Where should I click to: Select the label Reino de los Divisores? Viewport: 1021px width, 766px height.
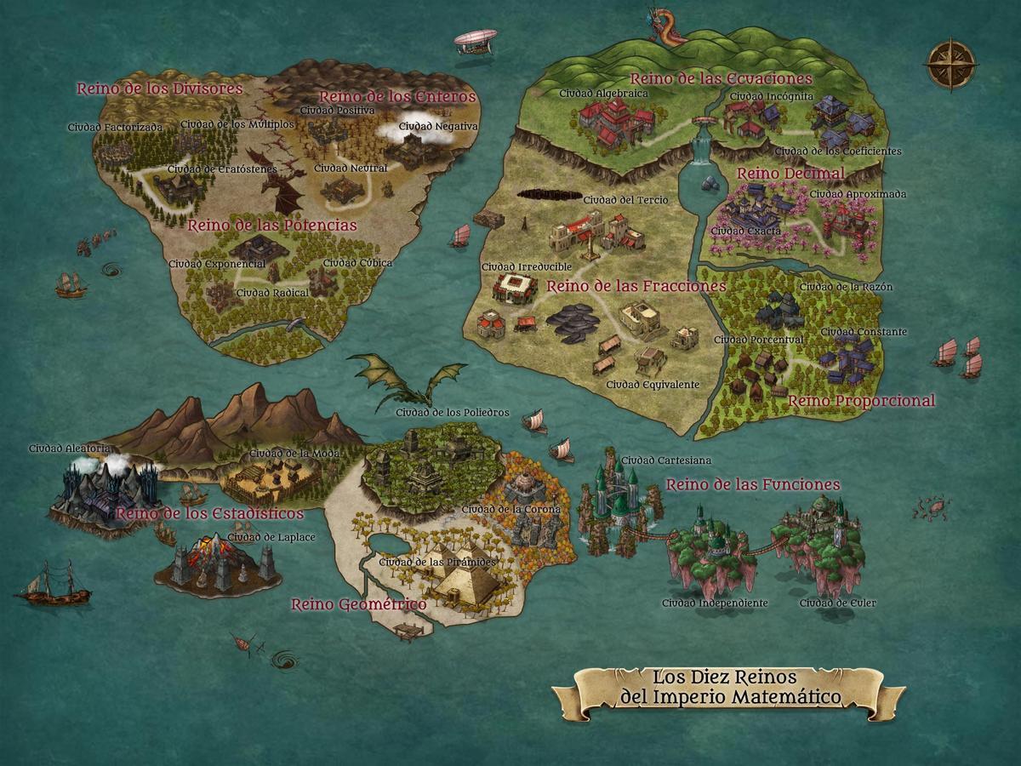click(x=160, y=88)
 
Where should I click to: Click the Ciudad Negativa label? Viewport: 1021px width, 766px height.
click(x=438, y=127)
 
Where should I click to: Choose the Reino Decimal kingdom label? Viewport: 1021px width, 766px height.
click(x=790, y=174)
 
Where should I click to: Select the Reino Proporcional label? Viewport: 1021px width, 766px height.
click(x=861, y=400)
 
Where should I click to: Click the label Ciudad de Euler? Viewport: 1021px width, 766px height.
click(x=837, y=603)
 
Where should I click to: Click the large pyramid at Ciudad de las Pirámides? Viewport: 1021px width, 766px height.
click(x=464, y=582)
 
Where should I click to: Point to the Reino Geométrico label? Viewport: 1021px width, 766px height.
click(x=358, y=604)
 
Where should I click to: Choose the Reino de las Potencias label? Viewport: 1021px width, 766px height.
click(x=271, y=226)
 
